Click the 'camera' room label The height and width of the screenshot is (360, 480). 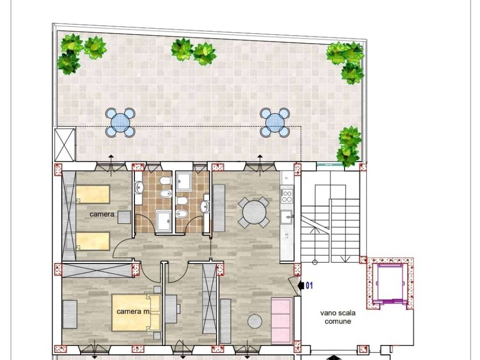(x=102, y=214)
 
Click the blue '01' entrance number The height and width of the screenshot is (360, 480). (x=309, y=285)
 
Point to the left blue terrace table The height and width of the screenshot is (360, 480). (x=120, y=123)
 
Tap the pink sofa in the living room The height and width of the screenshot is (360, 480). (x=282, y=319)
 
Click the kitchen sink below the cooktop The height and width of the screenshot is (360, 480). (x=286, y=217)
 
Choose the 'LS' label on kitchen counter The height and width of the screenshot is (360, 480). (x=286, y=235)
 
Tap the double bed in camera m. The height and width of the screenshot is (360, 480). (x=136, y=312)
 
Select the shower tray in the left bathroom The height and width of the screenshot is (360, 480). (x=164, y=221)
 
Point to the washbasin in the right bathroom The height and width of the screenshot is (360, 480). (x=204, y=206)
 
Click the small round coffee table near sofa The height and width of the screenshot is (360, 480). (x=255, y=322)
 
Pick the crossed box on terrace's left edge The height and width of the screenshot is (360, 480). (x=65, y=144)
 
